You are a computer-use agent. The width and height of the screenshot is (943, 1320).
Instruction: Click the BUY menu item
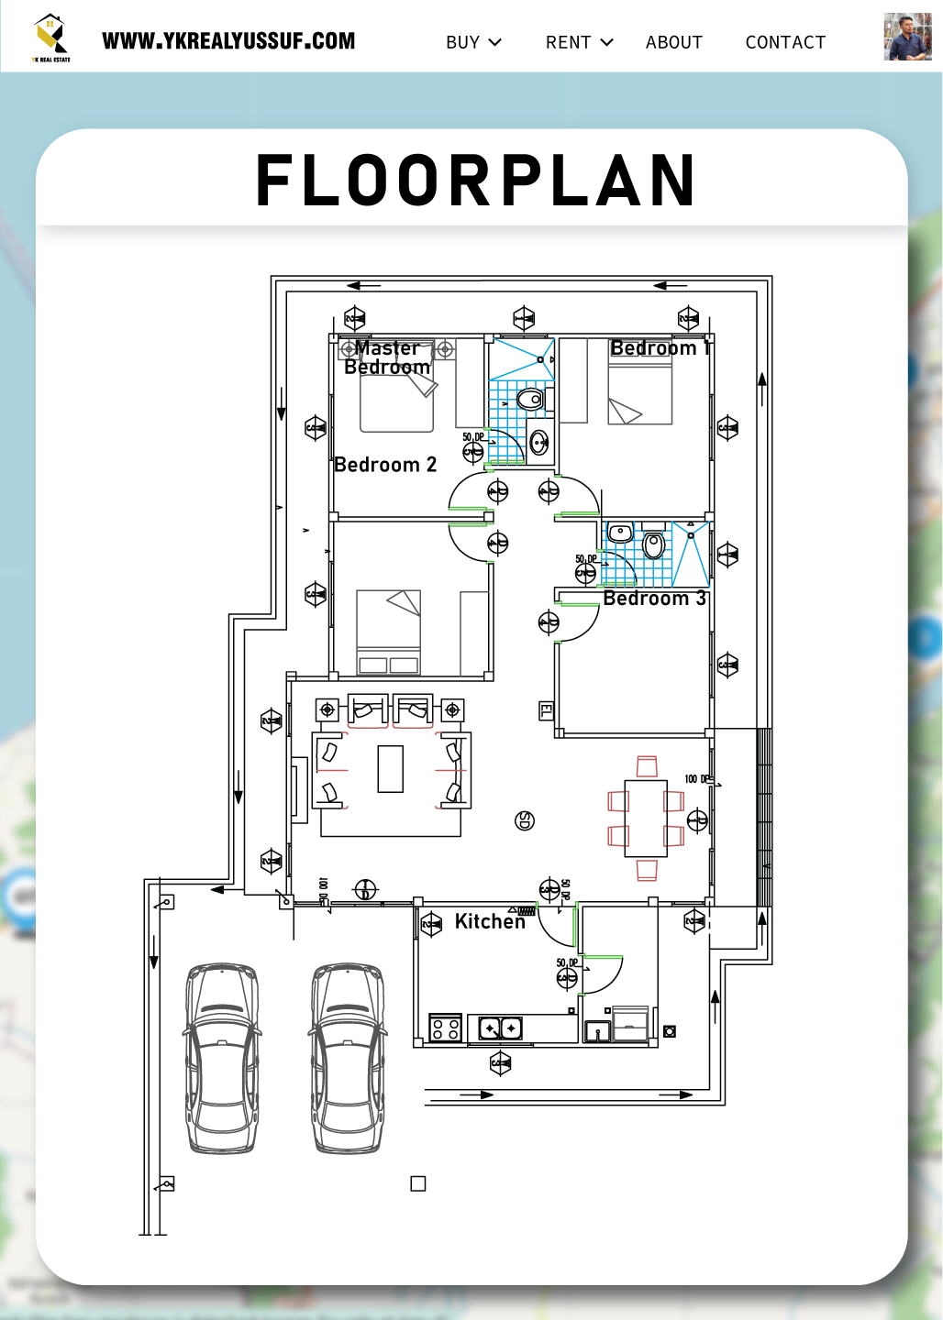click(472, 42)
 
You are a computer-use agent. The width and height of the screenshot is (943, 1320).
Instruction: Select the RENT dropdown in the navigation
click(578, 42)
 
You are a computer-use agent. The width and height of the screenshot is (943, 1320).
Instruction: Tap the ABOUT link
click(673, 42)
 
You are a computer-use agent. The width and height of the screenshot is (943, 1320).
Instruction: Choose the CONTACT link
click(785, 42)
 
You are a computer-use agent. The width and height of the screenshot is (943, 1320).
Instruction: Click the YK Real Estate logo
click(51, 38)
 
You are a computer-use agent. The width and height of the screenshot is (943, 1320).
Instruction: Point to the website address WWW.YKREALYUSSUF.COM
click(228, 41)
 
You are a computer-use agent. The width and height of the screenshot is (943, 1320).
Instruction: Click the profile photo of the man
click(907, 38)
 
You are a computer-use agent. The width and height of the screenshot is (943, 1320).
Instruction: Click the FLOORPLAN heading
click(475, 181)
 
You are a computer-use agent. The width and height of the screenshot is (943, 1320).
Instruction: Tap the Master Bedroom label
click(387, 357)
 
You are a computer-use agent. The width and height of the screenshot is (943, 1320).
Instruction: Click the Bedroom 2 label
click(385, 465)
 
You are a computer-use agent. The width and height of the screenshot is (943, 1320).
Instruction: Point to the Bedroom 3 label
click(654, 599)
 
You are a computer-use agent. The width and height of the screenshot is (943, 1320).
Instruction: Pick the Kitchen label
click(490, 921)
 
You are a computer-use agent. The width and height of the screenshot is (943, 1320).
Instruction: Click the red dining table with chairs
click(646, 818)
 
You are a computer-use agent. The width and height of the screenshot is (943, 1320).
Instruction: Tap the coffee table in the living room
click(391, 768)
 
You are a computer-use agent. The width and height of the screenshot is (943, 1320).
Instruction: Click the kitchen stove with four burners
click(446, 1028)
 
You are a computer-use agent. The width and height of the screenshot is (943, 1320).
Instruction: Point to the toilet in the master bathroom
click(530, 400)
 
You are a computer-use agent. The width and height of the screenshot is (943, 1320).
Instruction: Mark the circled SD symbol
click(525, 820)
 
